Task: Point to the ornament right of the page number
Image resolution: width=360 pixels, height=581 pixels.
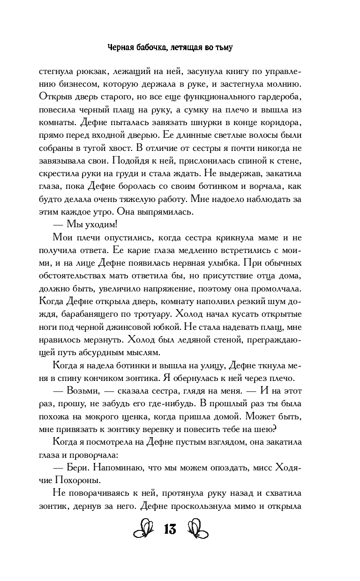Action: coord(197,530)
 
